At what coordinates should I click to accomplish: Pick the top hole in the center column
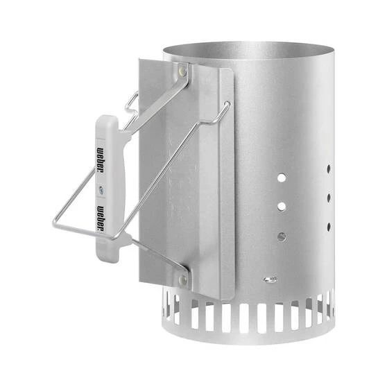(x=281, y=178)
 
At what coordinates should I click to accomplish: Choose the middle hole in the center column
(x=281, y=206)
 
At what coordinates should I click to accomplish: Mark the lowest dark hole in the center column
(x=281, y=236)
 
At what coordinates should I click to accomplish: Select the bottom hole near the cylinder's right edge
(x=327, y=226)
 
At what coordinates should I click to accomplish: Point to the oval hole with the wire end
(x=270, y=279)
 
